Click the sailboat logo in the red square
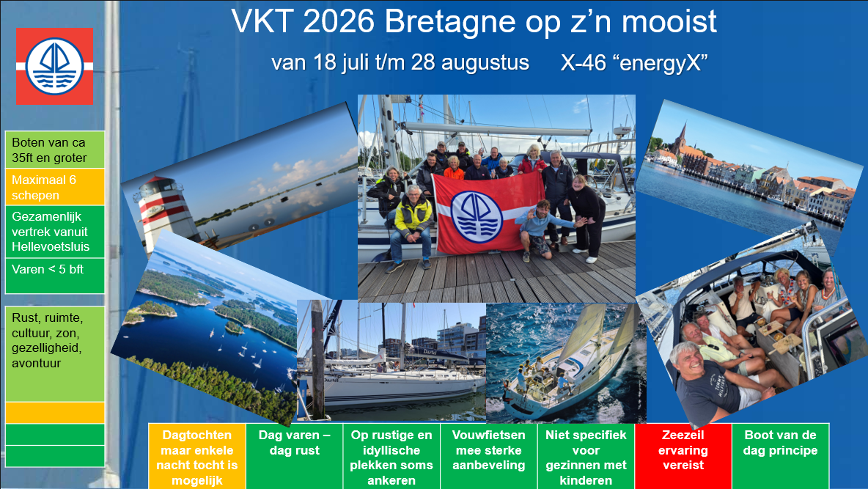[x=54, y=66]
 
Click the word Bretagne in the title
[x=454, y=22]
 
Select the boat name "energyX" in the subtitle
[x=663, y=63]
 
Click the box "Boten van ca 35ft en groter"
[x=54, y=151]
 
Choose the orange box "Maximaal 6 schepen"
[x=54, y=188]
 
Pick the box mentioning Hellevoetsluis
[x=54, y=232]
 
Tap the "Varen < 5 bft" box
[x=54, y=276]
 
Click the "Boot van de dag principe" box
[x=780, y=455]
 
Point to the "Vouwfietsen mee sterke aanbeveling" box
[x=489, y=455]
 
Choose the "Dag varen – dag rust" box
[x=294, y=455]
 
